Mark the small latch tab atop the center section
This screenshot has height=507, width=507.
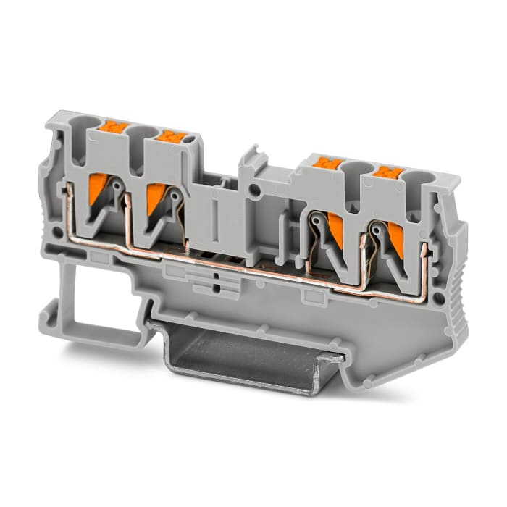point(251,156)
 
